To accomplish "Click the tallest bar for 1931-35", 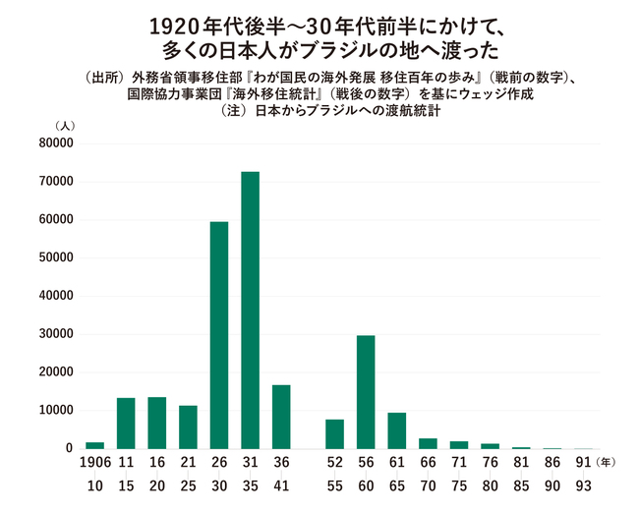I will [x=250, y=310].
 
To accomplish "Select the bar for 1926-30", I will [x=219, y=335].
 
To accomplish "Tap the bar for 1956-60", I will [x=366, y=391].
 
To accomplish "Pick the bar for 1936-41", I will [x=281, y=416].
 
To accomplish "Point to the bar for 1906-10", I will [x=94, y=445].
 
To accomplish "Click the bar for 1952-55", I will [x=334, y=433].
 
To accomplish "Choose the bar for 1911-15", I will [x=126, y=423].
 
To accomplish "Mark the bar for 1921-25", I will [x=188, y=427].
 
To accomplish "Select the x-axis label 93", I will [x=583, y=486].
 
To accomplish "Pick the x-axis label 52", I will [x=334, y=462].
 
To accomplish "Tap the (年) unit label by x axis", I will [x=610, y=462].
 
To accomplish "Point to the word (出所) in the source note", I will [x=100, y=77].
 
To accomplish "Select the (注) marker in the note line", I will [x=236, y=111].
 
